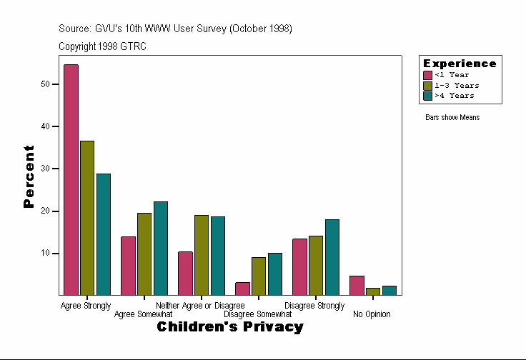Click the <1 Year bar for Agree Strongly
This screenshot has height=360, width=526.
point(71,179)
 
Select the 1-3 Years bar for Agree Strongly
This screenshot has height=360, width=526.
point(87,218)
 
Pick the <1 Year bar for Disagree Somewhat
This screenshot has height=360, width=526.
point(242,289)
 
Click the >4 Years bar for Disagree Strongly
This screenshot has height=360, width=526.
point(332,257)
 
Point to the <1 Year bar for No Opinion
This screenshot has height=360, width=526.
point(357,285)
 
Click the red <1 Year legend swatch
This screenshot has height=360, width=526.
point(427,75)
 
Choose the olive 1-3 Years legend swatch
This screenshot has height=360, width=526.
point(427,85)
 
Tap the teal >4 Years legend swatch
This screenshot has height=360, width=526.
point(427,95)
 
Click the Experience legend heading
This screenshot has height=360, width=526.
point(459,64)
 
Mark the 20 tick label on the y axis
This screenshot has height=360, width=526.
point(46,211)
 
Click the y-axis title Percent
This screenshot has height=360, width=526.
point(29,176)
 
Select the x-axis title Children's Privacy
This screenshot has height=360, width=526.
point(229,327)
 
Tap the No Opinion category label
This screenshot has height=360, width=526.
point(372,314)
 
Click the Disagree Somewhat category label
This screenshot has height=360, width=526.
point(257,314)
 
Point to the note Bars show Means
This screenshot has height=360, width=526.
point(452,118)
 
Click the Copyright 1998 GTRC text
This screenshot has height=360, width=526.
point(103,46)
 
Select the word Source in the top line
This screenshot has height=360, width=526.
point(75,29)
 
